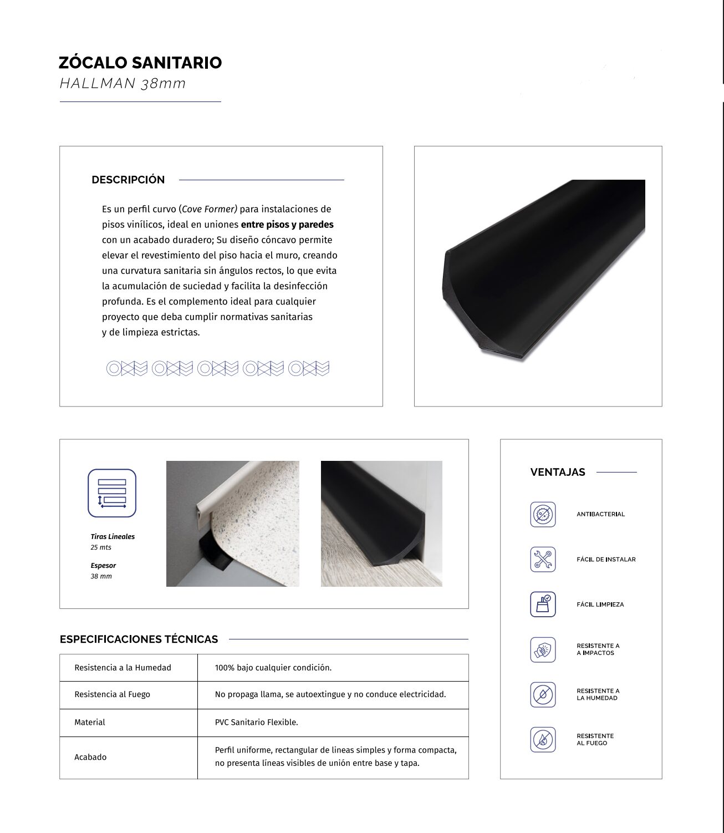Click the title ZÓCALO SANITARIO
(140, 63)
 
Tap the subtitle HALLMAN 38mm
(123, 84)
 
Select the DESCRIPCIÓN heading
(128, 180)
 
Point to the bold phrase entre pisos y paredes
(287, 225)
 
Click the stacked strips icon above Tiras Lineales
(112, 493)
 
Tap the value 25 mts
(101, 547)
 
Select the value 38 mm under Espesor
(101, 576)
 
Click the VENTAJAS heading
(558, 473)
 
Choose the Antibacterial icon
(543, 515)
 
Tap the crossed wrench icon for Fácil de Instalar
(543, 560)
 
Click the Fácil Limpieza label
(600, 605)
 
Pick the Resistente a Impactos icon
(543, 649)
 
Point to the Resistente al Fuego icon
(543, 739)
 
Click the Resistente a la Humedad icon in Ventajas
(543, 694)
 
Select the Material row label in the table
(90, 723)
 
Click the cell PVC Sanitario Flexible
(257, 723)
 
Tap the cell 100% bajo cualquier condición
(273, 668)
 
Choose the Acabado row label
(90, 758)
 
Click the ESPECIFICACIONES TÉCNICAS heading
(139, 639)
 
